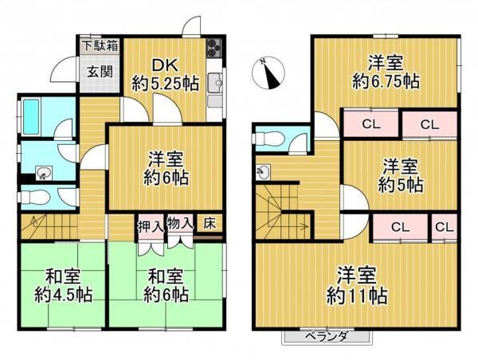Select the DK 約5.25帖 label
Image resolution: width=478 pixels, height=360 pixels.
tap(165, 75)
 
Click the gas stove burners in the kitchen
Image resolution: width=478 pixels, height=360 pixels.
tap(214, 48)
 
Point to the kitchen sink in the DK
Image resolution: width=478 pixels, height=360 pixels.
tap(216, 83)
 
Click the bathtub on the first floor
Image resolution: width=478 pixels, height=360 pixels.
tap(32, 116)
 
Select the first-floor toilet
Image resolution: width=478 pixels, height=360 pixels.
tap(34, 198)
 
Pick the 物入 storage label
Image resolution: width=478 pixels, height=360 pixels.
tap(180, 225)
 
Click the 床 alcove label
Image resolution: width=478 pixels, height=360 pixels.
tap(210, 224)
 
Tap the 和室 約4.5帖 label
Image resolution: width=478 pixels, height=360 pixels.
tap(63, 285)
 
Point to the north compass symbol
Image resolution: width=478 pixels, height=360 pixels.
tap(268, 72)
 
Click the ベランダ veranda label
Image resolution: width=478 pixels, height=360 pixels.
tap(326, 337)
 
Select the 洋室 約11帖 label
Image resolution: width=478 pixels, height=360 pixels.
tap(357, 285)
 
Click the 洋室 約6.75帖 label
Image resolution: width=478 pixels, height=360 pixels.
tap(386, 72)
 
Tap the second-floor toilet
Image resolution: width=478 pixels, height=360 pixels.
tap(268, 139)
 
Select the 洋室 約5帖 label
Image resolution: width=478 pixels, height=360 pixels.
tap(400, 176)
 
